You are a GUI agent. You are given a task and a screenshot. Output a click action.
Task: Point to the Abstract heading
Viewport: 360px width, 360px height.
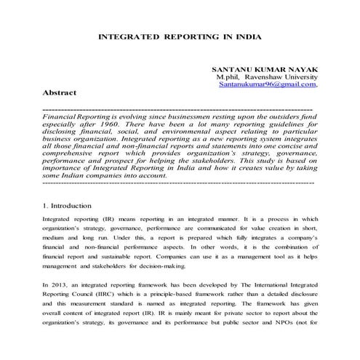(60, 94)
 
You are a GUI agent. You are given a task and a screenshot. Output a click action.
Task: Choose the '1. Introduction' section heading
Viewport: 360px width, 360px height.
(67, 206)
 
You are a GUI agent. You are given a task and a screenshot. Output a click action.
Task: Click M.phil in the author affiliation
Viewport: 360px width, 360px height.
(230, 76)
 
